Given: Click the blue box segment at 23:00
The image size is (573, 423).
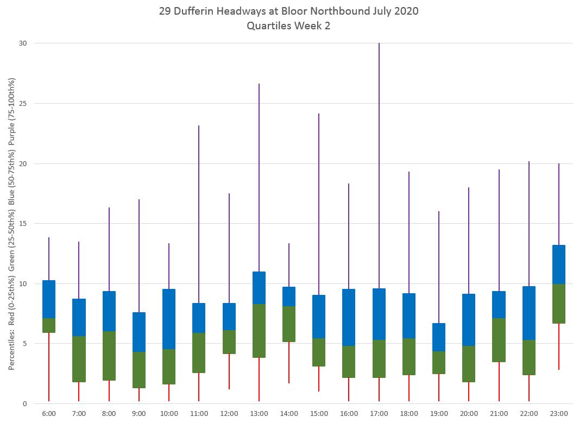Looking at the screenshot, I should (559, 264).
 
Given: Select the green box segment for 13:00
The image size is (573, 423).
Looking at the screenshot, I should (259, 331).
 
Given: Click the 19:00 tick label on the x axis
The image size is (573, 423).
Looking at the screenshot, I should (439, 414).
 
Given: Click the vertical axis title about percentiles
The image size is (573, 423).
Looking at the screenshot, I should (11, 224).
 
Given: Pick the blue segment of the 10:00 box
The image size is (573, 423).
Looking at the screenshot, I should (169, 319).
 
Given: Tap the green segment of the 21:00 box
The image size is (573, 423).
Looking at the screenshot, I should (499, 340).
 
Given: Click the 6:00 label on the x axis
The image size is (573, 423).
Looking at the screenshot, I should (49, 414).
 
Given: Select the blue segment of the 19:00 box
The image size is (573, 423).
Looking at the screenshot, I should (439, 337).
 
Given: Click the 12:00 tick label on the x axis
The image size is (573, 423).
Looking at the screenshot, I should (229, 414).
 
